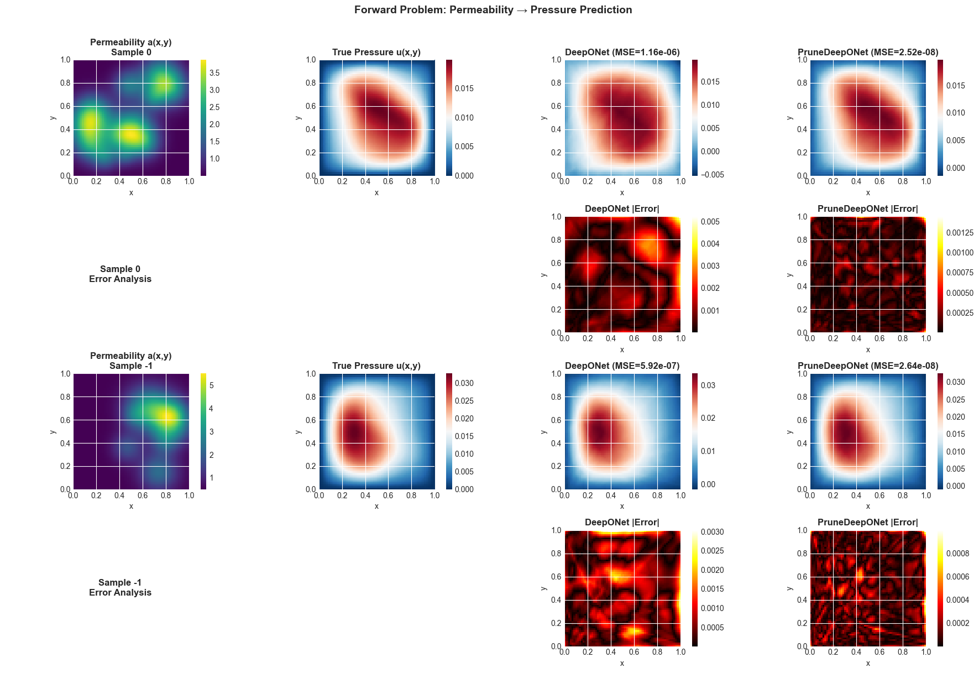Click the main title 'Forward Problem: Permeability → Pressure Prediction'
(x=493, y=10)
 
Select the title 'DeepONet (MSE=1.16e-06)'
(x=622, y=53)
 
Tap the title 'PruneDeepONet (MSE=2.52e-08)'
(x=867, y=53)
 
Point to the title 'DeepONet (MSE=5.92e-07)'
(x=622, y=366)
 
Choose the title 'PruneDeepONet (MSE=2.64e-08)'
(x=867, y=366)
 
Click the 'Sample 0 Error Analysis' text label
(x=120, y=274)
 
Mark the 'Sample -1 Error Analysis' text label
(x=120, y=588)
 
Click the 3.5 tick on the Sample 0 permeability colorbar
(x=214, y=73)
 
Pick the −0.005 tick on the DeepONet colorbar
(x=712, y=175)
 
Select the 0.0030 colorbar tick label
(x=712, y=532)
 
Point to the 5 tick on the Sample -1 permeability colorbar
(x=211, y=385)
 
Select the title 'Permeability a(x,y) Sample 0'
(x=131, y=48)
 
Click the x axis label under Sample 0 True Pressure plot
(x=376, y=193)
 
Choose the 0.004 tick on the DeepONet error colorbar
(x=710, y=244)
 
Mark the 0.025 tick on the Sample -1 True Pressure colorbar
(x=464, y=401)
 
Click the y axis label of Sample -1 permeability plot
(x=53, y=432)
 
